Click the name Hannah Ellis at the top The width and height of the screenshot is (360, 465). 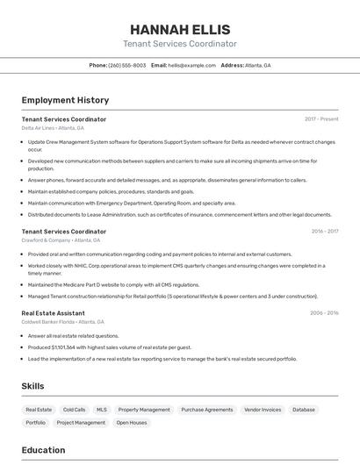(x=179, y=28)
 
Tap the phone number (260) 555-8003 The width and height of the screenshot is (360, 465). (x=126, y=65)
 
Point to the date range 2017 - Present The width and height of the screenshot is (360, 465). (x=321, y=119)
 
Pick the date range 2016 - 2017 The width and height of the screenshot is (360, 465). (x=324, y=232)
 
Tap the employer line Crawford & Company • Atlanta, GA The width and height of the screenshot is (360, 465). (x=61, y=240)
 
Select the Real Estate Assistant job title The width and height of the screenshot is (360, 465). (x=53, y=312)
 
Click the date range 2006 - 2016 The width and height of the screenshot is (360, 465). (x=324, y=312)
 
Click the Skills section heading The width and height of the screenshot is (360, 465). (x=33, y=386)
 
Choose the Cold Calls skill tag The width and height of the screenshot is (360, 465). (x=74, y=410)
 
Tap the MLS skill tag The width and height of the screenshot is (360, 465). (x=102, y=410)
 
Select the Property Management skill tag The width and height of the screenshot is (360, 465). (x=144, y=410)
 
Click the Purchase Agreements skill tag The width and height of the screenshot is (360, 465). (x=207, y=410)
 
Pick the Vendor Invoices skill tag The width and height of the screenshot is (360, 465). (x=263, y=410)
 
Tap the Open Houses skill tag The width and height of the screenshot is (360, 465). (x=132, y=423)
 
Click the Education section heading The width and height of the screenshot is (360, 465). (x=43, y=450)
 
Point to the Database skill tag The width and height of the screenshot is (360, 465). (x=304, y=410)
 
